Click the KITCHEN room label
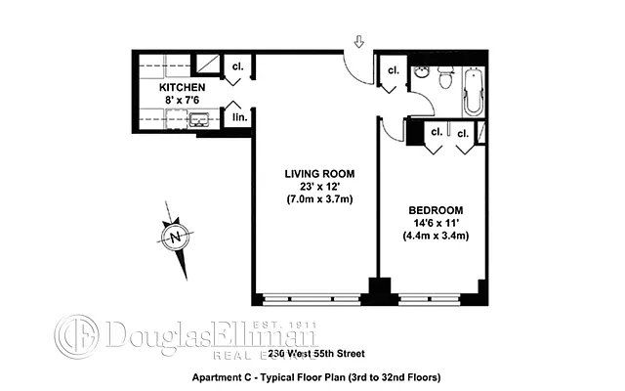point(183,88)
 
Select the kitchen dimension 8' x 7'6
point(183,100)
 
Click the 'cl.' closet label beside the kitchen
point(237,67)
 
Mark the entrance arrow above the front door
point(358,42)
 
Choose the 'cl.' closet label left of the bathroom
point(392,70)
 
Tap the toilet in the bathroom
point(445,77)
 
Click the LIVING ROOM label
point(313,174)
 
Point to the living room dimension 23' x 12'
point(313,187)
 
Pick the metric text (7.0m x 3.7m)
point(313,200)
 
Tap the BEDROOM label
point(434,210)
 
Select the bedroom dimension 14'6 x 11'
point(434,223)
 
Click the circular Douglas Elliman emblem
point(75,333)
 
